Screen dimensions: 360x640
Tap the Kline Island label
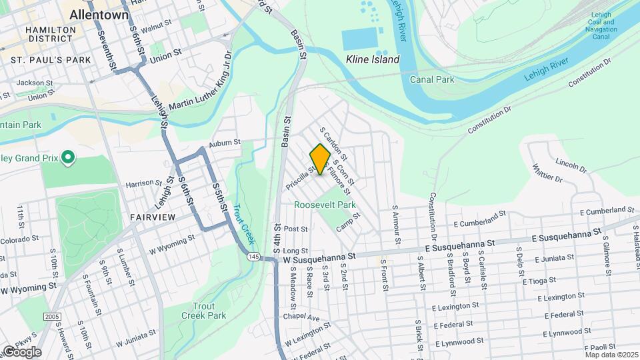pyautogui.click(x=373, y=59)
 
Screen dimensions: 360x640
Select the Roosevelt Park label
pyautogui.click(x=325, y=205)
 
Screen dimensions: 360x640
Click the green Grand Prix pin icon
pyautogui.click(x=67, y=158)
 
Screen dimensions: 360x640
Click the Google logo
pyautogui.click(x=21, y=351)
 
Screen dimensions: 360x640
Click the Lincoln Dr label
pyautogui.click(x=570, y=164)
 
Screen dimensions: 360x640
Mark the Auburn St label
pyautogui.click(x=223, y=143)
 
